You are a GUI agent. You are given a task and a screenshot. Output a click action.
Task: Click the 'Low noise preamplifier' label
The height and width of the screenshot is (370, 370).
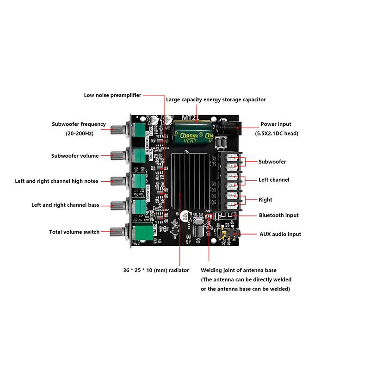click(112, 95)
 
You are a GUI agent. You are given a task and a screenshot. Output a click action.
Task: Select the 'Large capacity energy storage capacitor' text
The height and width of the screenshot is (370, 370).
click(216, 99)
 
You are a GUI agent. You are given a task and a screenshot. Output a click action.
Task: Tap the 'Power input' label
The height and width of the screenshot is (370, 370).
click(276, 124)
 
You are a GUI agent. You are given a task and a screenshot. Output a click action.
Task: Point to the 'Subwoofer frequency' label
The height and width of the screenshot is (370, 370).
click(79, 124)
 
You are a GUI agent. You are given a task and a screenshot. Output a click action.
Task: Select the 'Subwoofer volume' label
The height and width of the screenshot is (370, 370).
click(75, 156)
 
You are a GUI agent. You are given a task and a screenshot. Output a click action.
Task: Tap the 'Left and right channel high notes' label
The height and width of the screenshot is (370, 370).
click(56, 181)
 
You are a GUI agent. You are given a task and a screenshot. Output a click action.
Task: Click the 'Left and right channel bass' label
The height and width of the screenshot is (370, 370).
click(65, 204)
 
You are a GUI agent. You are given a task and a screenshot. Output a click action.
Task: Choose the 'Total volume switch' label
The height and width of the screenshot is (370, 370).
click(74, 232)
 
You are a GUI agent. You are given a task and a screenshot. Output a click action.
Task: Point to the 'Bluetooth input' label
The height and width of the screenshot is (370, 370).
click(278, 215)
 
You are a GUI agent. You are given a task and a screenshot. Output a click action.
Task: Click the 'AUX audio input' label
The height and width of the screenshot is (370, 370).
click(280, 234)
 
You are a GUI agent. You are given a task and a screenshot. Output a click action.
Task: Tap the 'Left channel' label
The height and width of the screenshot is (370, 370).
click(274, 179)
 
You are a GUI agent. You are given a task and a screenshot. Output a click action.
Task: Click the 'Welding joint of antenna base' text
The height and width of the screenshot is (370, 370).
click(239, 270)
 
